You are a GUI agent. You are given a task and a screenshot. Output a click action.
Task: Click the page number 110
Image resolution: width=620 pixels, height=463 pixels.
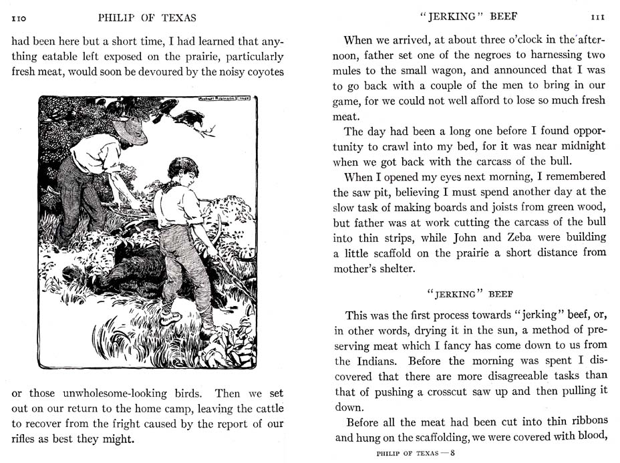coord(19,17)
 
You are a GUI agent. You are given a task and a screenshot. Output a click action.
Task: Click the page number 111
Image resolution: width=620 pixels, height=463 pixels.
coord(597,17)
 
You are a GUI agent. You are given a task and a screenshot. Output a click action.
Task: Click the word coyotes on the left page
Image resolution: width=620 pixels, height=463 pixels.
coord(261,72)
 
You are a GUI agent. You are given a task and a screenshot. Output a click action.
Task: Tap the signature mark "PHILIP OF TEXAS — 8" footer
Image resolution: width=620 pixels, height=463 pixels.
coord(415,454)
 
